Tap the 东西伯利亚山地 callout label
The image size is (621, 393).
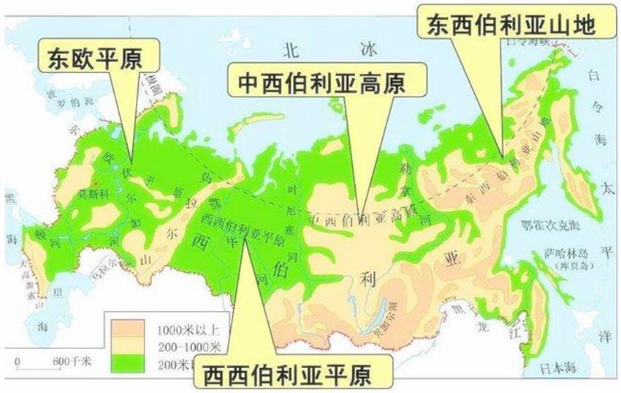click(514, 25)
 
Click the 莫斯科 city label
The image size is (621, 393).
click(94, 195)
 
